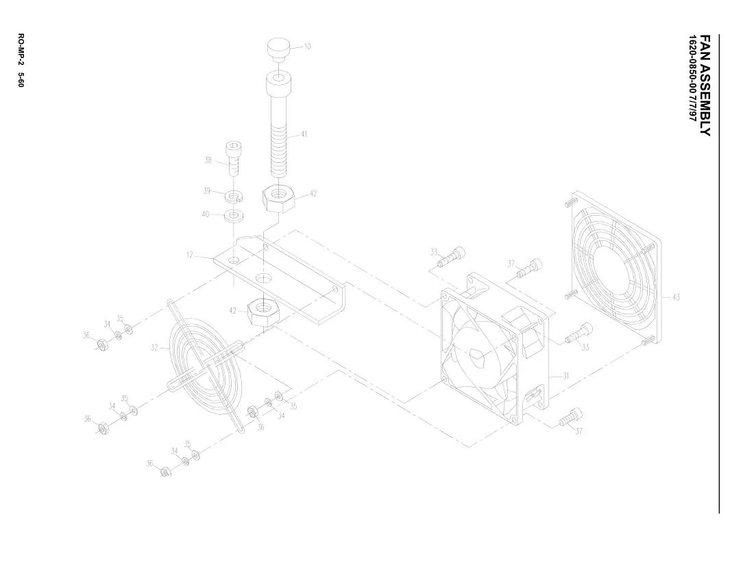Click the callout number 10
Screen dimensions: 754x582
click(x=307, y=47)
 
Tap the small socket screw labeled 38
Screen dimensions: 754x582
click(x=234, y=158)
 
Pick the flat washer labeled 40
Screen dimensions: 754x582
click(x=234, y=214)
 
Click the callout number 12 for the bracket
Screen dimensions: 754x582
click(x=189, y=255)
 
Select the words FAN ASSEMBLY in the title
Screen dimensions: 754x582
click(x=705, y=86)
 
